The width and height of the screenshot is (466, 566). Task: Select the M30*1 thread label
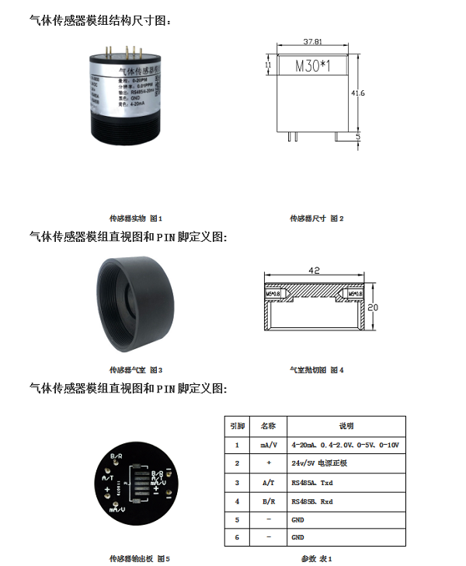click(313, 67)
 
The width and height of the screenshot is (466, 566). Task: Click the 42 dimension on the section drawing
click(315, 271)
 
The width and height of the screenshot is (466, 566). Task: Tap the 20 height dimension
click(373, 308)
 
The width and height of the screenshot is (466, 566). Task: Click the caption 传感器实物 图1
click(137, 218)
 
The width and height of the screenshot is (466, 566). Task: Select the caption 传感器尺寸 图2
click(316, 218)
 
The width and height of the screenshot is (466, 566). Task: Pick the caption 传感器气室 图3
click(136, 370)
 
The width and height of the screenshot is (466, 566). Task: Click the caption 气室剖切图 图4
click(316, 370)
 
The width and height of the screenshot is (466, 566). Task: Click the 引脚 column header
click(238, 426)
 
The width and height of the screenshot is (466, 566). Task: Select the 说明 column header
click(346, 426)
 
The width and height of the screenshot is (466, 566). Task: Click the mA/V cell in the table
click(268, 445)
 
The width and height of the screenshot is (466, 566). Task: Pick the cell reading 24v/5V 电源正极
click(319, 463)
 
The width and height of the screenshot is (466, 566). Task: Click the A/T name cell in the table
click(268, 483)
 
